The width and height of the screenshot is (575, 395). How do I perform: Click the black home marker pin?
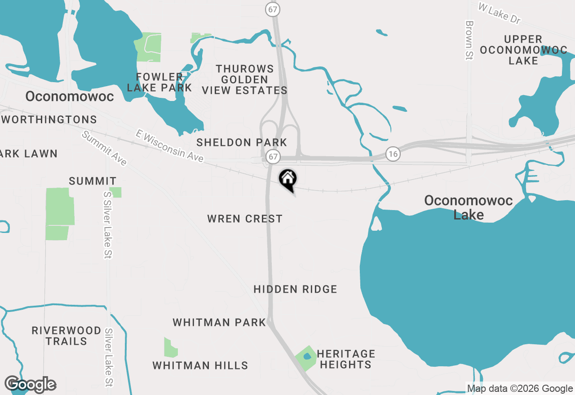(x=287, y=180)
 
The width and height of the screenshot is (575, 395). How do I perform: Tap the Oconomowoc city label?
(x=70, y=97)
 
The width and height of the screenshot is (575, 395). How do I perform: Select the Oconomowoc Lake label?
(x=469, y=207)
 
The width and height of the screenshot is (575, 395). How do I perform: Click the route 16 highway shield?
(x=393, y=154)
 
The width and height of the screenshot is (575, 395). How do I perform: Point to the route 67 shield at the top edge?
(x=272, y=9)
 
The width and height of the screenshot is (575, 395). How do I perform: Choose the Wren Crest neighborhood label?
(x=245, y=219)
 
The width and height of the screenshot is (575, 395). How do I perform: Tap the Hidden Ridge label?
(x=295, y=289)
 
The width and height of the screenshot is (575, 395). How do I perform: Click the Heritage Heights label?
(x=345, y=359)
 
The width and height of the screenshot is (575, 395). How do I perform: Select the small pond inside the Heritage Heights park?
(x=307, y=356)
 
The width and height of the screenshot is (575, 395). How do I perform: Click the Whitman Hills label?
(x=200, y=365)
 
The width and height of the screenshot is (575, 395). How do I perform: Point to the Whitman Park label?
(x=219, y=322)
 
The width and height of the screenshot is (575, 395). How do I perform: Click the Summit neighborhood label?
(x=93, y=181)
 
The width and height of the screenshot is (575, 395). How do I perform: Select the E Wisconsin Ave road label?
(x=170, y=146)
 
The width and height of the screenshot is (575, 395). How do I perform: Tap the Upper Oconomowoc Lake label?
(x=523, y=50)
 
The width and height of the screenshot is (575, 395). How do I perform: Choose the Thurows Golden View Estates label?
(x=245, y=79)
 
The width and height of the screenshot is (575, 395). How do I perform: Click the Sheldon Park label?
(x=242, y=143)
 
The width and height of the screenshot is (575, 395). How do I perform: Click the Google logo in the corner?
(x=30, y=384)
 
